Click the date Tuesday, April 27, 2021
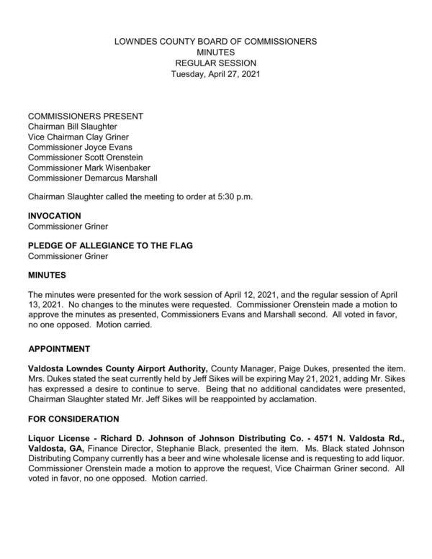pyautogui.click(x=216, y=75)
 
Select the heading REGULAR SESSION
pyautogui.click(x=216, y=64)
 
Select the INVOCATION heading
pyautogui.click(x=54, y=216)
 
